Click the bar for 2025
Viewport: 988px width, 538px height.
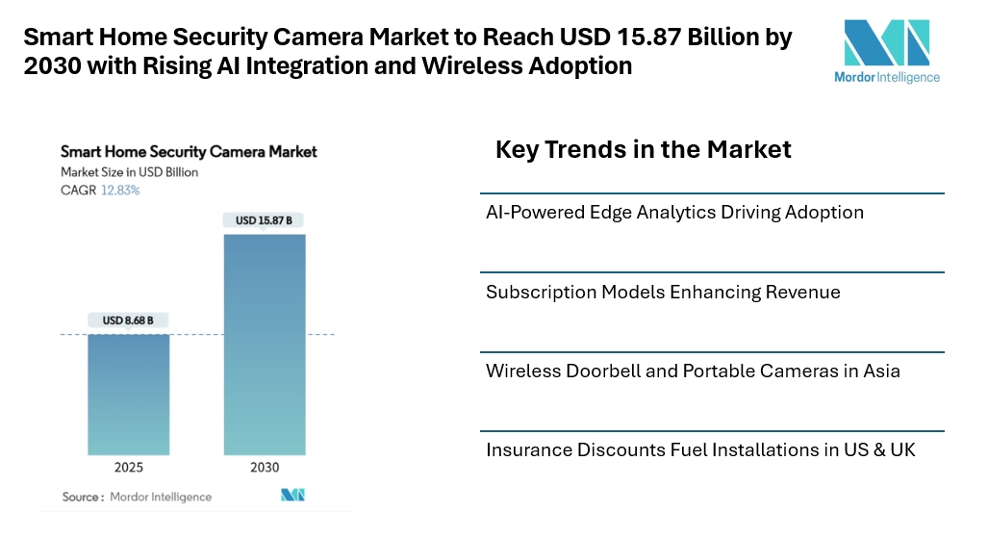tap(129, 394)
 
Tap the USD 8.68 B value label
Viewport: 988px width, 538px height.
tap(129, 320)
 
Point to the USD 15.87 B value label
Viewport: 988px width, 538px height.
tap(265, 220)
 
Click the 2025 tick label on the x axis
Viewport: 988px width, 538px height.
tap(129, 468)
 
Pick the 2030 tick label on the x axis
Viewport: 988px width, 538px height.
tap(265, 468)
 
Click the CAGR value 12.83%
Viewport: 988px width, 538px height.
tap(120, 191)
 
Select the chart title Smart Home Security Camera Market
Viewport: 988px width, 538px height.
tap(189, 152)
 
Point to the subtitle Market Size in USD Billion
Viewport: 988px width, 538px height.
tap(129, 172)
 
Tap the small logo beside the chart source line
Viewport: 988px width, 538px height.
tap(292, 495)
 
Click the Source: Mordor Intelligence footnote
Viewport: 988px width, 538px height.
tap(137, 497)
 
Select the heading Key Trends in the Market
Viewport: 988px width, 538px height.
tap(643, 149)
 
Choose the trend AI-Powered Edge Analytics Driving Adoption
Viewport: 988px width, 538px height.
tap(674, 212)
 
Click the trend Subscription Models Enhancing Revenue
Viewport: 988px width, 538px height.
tap(663, 292)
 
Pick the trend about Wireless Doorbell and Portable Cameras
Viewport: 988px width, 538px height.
tap(693, 371)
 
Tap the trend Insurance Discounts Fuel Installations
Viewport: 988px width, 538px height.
tap(700, 449)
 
